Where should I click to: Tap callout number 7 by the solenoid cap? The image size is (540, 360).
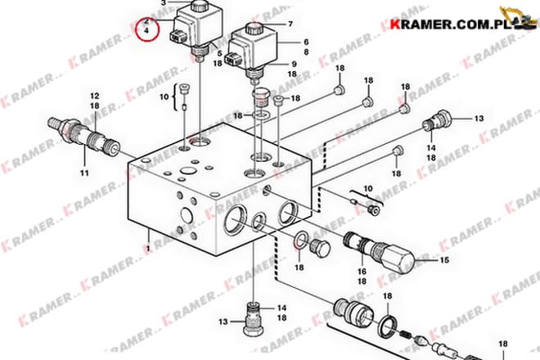290,24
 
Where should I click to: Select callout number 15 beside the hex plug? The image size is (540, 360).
444,259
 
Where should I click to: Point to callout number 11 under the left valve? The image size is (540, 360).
84,173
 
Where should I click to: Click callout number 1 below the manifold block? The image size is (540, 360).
148,248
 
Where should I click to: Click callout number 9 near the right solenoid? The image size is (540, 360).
294,64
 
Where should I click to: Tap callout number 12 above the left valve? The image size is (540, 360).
95,96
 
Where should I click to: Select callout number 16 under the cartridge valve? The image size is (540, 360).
362,272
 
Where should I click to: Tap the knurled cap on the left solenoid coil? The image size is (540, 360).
198,7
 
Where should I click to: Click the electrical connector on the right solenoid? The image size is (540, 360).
230,60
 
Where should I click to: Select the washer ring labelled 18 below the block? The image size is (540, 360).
301,240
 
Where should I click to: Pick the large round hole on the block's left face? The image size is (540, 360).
186,216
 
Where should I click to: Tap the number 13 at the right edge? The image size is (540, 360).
479,119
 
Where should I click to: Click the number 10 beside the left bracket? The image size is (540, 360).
164,97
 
